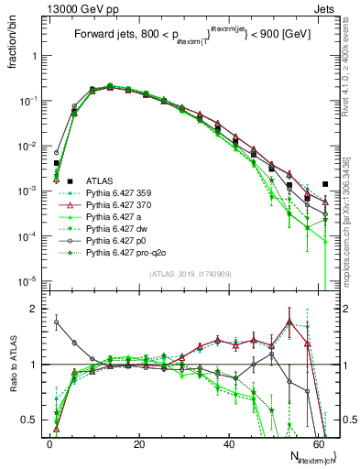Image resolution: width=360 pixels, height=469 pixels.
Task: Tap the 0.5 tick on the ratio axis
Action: pyautogui.click(x=29, y=420)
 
